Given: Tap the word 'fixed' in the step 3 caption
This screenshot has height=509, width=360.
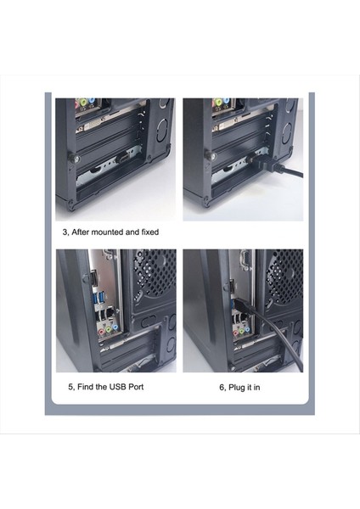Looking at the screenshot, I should click(x=146, y=232).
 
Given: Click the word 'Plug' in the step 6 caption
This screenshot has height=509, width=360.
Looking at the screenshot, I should click(x=230, y=387).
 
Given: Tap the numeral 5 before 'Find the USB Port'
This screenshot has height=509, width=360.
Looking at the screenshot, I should click(x=70, y=387).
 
